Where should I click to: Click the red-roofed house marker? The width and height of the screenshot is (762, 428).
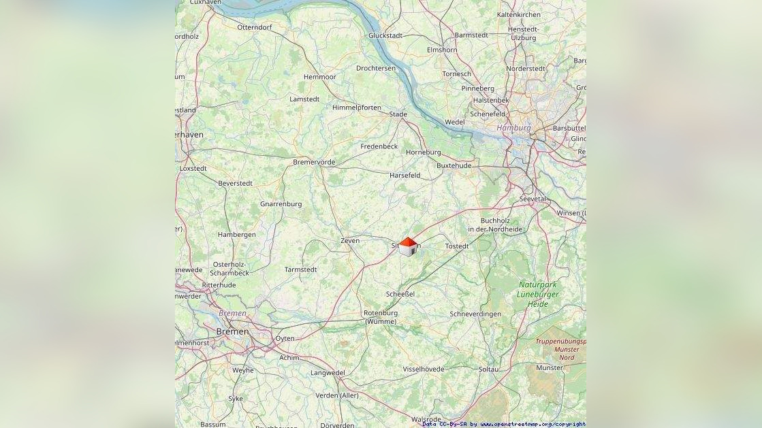pyautogui.click(x=407, y=247)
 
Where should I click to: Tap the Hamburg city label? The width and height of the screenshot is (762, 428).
pyautogui.click(x=513, y=128)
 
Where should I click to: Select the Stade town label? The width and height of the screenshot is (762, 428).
pyautogui.click(x=398, y=114)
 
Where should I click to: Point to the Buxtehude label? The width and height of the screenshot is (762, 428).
pyautogui.click(x=454, y=165)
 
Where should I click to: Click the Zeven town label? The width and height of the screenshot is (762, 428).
pyautogui.click(x=349, y=241)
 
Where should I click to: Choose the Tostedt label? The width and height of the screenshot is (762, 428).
pyautogui.click(x=456, y=246)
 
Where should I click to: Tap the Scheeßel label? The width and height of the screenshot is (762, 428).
pyautogui.click(x=400, y=294)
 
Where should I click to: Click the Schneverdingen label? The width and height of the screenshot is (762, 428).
pyautogui.click(x=475, y=314)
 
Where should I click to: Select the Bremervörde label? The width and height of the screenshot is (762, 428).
pyautogui.click(x=314, y=162)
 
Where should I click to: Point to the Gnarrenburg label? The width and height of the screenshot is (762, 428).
pyautogui.click(x=281, y=204)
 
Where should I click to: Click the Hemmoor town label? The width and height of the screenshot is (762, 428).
pyautogui.click(x=320, y=77)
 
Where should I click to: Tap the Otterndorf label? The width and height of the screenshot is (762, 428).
pyautogui.click(x=255, y=27)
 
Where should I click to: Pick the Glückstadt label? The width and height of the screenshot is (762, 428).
pyautogui.click(x=385, y=35)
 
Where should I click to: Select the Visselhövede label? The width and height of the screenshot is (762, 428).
pyautogui.click(x=424, y=369)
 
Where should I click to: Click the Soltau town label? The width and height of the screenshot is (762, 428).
pyautogui.click(x=488, y=369)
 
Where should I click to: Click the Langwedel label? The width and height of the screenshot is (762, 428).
pyautogui.click(x=328, y=373)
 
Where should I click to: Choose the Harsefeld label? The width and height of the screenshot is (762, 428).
pyautogui.click(x=404, y=175)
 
